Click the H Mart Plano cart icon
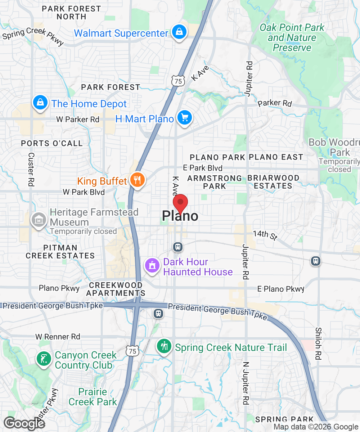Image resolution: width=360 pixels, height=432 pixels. [x=185, y=118]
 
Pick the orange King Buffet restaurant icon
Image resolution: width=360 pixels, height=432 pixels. [x=137, y=180]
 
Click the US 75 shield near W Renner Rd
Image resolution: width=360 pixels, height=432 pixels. [x=132, y=351]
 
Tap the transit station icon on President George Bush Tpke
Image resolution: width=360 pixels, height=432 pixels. [x=158, y=313]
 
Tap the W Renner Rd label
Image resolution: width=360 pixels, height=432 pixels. [x=58, y=337]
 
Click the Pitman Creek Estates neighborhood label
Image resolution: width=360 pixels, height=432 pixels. [x=60, y=252]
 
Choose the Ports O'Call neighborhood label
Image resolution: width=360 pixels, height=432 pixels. [x=52, y=143]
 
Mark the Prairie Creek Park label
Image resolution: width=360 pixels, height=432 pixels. [x=93, y=397]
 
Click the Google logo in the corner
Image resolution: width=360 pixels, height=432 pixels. [x=24, y=423]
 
